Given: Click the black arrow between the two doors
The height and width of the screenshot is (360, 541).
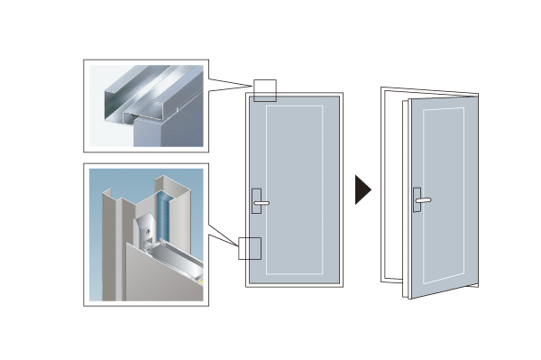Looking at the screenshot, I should coord(362,189).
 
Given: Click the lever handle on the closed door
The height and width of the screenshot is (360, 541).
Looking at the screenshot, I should coord(261,203).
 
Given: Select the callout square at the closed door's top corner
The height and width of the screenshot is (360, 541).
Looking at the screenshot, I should coord(263,89).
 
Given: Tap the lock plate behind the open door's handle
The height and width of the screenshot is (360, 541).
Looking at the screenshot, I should coord(416,199).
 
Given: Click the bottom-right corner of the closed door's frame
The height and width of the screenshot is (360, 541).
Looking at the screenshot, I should coord(342,286).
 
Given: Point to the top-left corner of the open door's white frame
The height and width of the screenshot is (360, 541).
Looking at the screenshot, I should coord(382,89).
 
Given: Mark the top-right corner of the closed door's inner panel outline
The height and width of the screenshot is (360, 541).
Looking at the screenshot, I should coord(321,106).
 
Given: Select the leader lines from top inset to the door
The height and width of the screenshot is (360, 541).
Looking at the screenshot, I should coord(230,86).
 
